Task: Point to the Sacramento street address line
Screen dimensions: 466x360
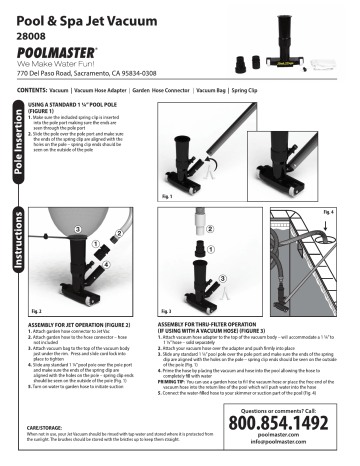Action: (86, 75)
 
